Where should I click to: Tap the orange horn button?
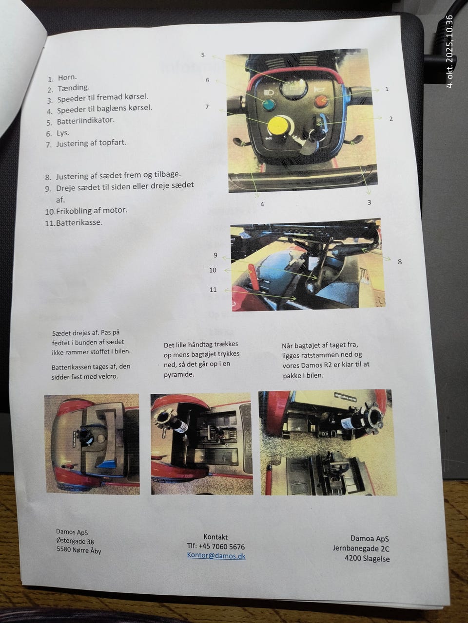[x=321, y=100]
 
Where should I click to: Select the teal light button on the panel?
[x=269, y=105]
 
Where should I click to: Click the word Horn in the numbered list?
[x=67, y=77]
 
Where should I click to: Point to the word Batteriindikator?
[x=85, y=120]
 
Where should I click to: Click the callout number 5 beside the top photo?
[x=203, y=55]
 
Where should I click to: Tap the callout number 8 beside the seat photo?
[x=400, y=262]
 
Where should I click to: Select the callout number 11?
[x=213, y=290]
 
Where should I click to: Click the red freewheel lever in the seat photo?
[x=254, y=277]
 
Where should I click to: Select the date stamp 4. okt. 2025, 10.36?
[x=449, y=52]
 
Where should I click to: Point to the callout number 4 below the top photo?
[x=262, y=204]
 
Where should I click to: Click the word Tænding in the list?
[x=73, y=88]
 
